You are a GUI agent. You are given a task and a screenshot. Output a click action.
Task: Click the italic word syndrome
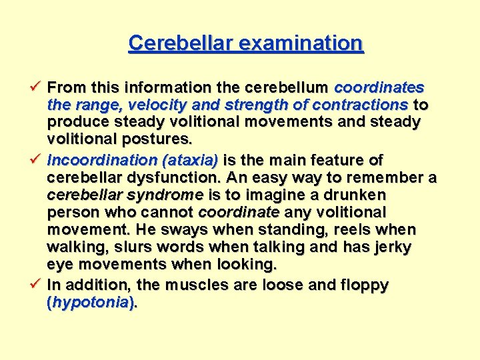(169, 195)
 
